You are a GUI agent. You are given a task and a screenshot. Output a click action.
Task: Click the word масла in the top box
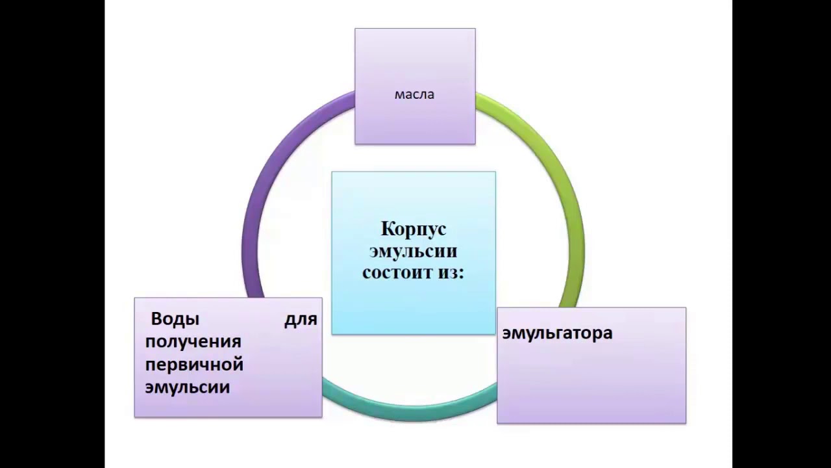pyautogui.click(x=414, y=95)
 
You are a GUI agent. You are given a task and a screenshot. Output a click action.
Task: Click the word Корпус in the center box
pyautogui.click(x=414, y=229)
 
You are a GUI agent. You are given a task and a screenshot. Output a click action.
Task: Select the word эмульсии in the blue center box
pyautogui.click(x=413, y=251)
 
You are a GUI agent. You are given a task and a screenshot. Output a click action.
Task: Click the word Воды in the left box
pyautogui.click(x=175, y=319)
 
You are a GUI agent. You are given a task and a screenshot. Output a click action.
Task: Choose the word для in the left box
pyautogui.click(x=301, y=319)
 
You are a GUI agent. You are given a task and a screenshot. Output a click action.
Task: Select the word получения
pyautogui.click(x=193, y=342)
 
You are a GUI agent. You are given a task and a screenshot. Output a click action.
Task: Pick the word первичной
pyautogui.click(x=194, y=365)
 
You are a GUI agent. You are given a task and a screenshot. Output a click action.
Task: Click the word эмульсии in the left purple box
pyautogui.click(x=188, y=387)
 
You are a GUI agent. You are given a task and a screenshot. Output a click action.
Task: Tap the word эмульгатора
pyautogui.click(x=557, y=333)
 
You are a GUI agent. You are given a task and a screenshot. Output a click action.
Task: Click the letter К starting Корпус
pyautogui.click(x=386, y=229)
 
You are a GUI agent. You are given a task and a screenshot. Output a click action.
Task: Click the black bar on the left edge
pyautogui.click(x=52, y=234)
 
